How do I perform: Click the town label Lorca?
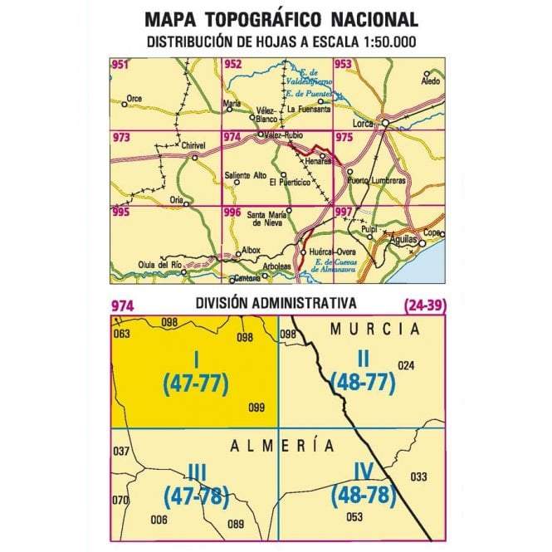pos(365,124)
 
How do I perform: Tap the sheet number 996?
pos(232,212)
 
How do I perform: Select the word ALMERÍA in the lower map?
pos(283,446)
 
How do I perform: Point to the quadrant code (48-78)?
pos(361,496)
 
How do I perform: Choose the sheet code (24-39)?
pos(424,305)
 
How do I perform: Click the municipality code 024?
pos(406,365)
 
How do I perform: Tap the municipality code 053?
pos(355,518)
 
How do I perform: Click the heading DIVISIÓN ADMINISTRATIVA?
pos(277,303)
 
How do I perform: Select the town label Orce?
pos(134,99)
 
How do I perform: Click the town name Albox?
pos(250,250)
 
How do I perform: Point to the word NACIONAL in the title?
pos(366,20)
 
